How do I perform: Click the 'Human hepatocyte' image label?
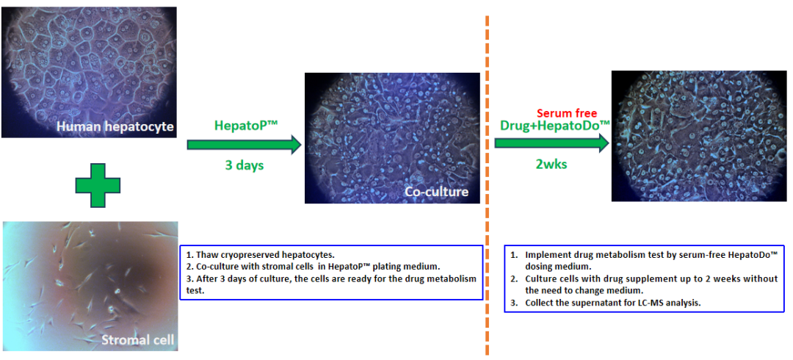(x=115, y=127)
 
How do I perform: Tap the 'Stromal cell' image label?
(x=137, y=339)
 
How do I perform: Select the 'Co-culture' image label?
(x=436, y=192)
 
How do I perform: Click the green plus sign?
(x=98, y=185)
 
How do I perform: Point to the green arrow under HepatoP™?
(x=245, y=145)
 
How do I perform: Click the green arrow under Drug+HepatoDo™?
(x=551, y=143)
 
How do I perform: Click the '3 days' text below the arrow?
(x=245, y=165)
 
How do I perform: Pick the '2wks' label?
(x=551, y=164)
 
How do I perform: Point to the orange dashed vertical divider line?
(x=487, y=185)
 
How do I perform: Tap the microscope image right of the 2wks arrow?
(x=699, y=136)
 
